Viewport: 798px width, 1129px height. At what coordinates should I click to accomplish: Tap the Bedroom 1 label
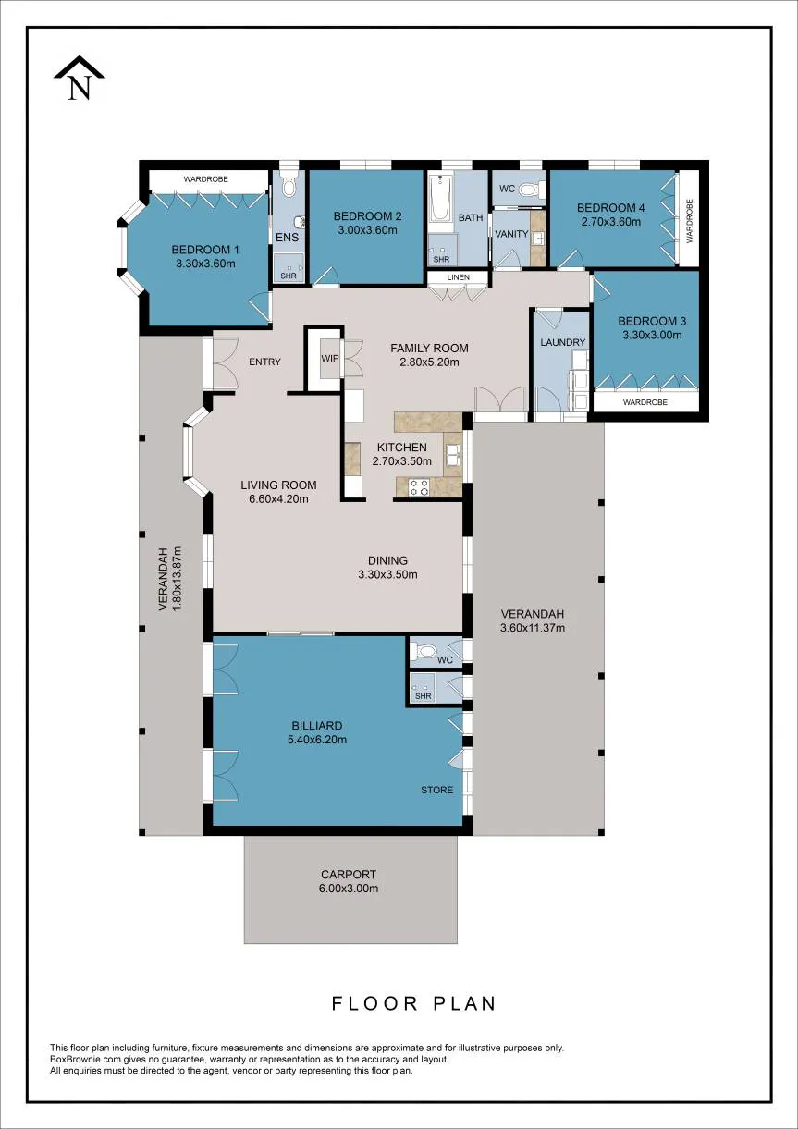[x=205, y=250]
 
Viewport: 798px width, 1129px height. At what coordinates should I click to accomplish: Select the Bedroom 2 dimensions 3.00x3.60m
[x=367, y=230]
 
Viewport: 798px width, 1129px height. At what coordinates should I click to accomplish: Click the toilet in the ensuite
[x=289, y=188]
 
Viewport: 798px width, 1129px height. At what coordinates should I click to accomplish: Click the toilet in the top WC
[x=529, y=190]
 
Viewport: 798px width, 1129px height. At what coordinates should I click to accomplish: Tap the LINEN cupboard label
[x=459, y=277]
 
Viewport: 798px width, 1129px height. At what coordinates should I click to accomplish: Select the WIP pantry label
[x=330, y=359]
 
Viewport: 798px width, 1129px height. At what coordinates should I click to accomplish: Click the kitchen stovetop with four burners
[x=418, y=487]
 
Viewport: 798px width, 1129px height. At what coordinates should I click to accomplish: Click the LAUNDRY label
[x=562, y=342]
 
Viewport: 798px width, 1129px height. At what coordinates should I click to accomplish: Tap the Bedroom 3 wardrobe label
[x=645, y=402]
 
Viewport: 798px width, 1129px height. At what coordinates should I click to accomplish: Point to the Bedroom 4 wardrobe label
[x=690, y=221]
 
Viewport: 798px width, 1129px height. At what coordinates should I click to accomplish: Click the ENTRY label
[x=264, y=362]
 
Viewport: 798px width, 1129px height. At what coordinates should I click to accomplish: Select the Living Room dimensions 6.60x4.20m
[x=278, y=499]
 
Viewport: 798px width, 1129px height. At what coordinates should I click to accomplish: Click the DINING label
[x=387, y=560]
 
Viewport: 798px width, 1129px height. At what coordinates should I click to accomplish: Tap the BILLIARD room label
[x=317, y=726]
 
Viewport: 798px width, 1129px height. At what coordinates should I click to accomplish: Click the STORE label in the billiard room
[x=437, y=790]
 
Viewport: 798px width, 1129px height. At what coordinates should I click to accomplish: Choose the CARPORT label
[x=349, y=875]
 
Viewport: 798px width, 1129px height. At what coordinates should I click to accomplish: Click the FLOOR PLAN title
[x=414, y=1003]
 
